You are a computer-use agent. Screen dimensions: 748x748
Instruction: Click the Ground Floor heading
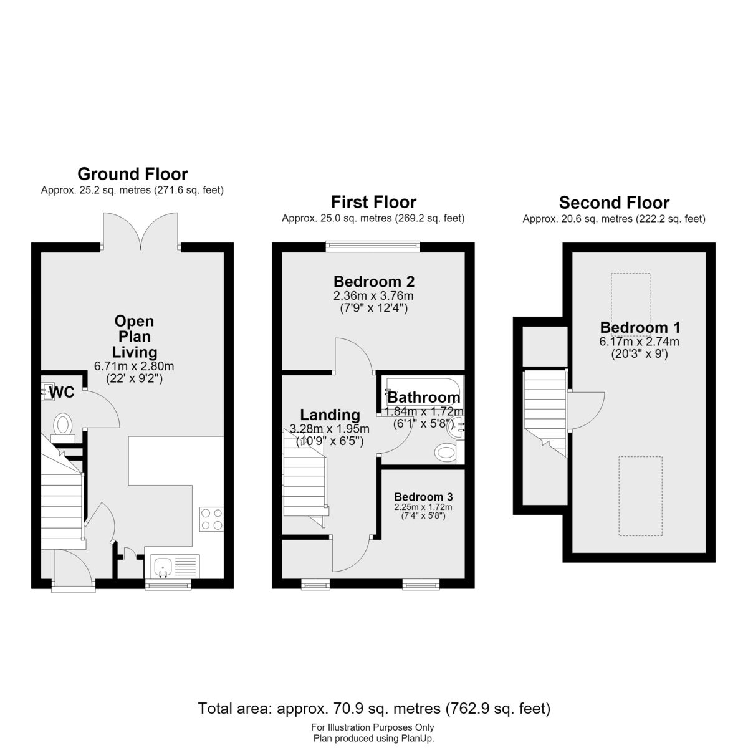[x=133, y=175]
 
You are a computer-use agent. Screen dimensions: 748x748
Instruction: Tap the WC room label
[x=62, y=393]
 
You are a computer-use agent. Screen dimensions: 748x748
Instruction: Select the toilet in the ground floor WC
[x=62, y=426]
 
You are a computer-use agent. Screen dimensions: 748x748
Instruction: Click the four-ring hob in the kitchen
[x=211, y=519]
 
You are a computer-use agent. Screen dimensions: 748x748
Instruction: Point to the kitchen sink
[x=163, y=567]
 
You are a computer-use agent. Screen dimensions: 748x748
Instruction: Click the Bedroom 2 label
[x=374, y=281]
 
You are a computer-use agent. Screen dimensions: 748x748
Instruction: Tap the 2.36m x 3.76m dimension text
[x=373, y=296]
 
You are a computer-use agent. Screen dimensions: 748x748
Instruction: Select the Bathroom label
[x=424, y=398]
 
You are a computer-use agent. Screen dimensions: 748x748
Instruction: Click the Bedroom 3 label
[x=423, y=497]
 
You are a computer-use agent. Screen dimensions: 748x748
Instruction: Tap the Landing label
[x=330, y=415]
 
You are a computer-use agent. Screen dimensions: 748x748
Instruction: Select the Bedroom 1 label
[x=640, y=328]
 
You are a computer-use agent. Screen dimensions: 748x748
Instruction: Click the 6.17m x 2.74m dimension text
[x=640, y=342]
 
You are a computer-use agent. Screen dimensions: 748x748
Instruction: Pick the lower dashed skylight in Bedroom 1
[x=641, y=496]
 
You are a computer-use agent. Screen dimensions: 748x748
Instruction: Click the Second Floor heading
[x=614, y=203]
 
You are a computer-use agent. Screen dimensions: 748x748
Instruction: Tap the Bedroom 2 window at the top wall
[x=373, y=245]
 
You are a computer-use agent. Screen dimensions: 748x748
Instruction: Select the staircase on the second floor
[x=545, y=414]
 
